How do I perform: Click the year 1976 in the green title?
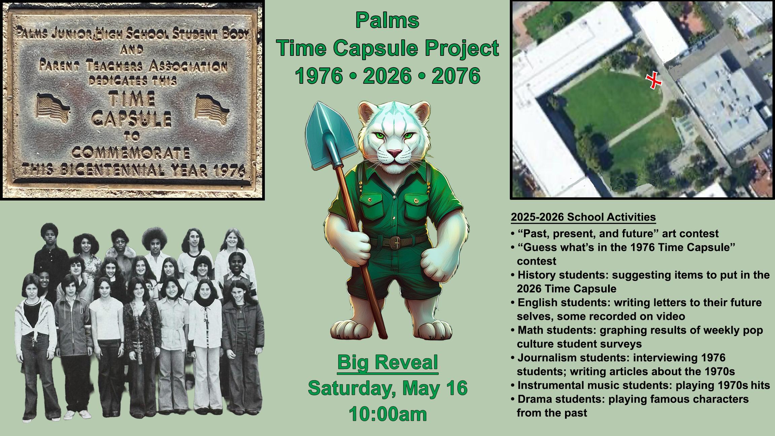[319, 76]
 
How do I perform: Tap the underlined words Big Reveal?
[387, 362]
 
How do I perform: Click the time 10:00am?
[388, 413]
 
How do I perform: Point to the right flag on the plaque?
[212, 107]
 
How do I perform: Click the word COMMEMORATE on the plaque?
[130, 154]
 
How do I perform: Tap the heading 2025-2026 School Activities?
[584, 217]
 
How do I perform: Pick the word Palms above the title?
[387, 20]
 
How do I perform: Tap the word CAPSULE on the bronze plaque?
[132, 118]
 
